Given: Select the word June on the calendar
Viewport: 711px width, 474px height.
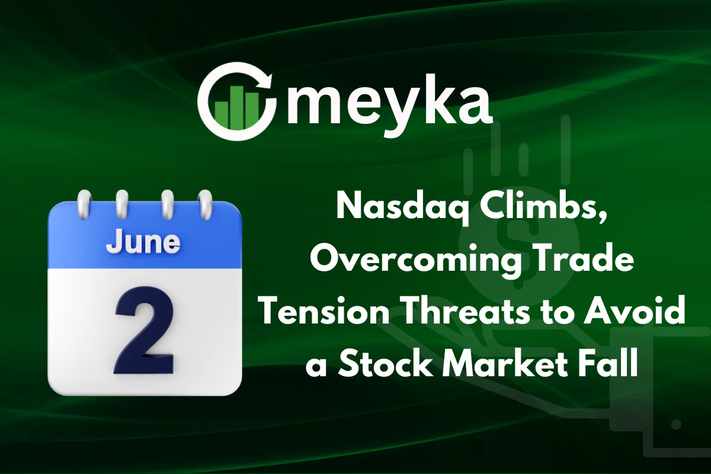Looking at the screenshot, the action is pyautogui.click(x=143, y=243).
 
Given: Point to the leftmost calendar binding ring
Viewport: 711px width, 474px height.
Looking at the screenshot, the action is pyautogui.click(x=84, y=205).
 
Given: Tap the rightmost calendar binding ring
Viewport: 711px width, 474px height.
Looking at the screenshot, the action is pyautogui.click(x=205, y=205).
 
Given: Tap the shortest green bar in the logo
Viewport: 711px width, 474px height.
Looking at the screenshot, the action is pyautogui.click(x=221, y=116).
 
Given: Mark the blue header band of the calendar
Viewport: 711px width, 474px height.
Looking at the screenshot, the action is pyautogui.click(x=145, y=236).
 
